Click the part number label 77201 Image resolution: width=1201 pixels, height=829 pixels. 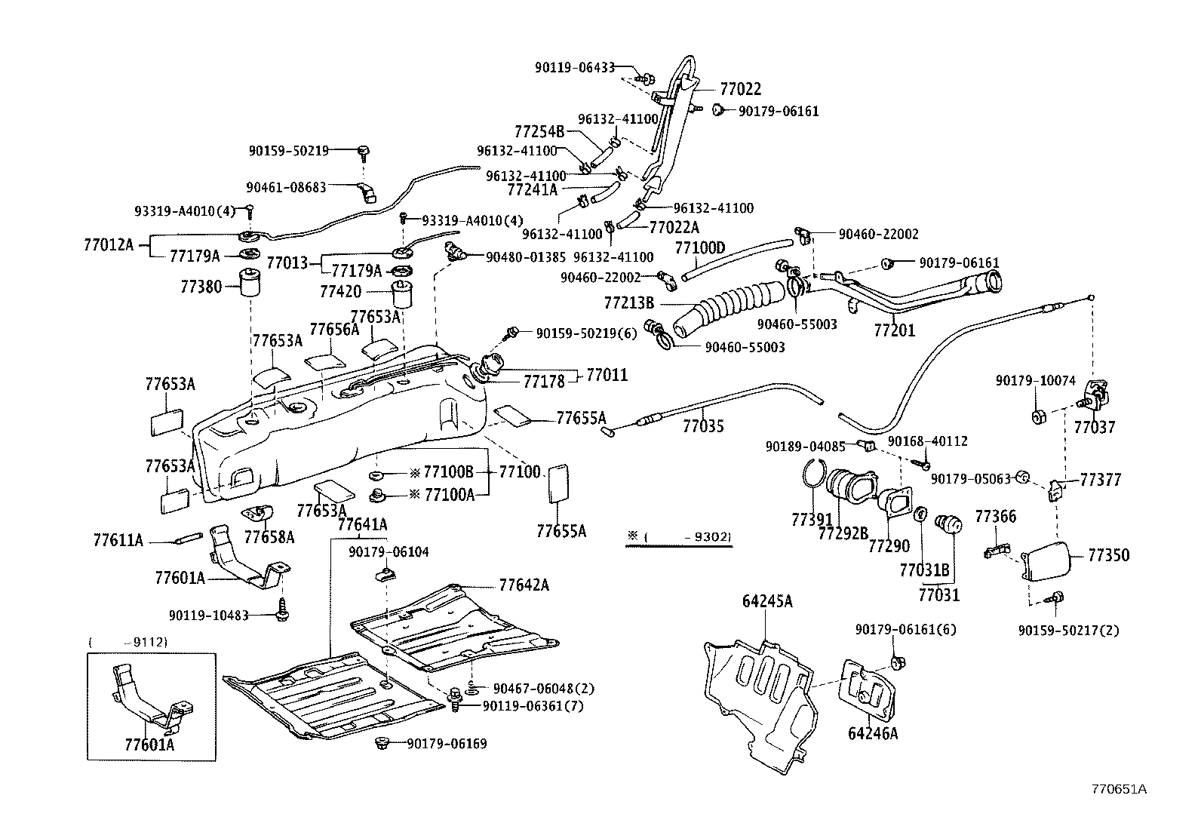[x=894, y=331]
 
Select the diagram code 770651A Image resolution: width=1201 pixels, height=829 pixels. [x=1119, y=789]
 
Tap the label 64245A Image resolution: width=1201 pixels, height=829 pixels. [x=767, y=601]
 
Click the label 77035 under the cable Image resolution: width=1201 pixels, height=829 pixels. [x=703, y=427]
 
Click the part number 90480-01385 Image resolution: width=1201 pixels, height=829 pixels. [x=526, y=257]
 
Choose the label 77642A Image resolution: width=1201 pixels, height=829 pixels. [x=524, y=585]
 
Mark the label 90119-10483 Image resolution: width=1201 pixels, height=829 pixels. [x=208, y=615]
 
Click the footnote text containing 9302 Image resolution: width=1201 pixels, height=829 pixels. [x=679, y=537]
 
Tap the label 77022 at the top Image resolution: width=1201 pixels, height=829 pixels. [x=740, y=90]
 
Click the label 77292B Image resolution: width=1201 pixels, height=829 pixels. [x=843, y=533]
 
